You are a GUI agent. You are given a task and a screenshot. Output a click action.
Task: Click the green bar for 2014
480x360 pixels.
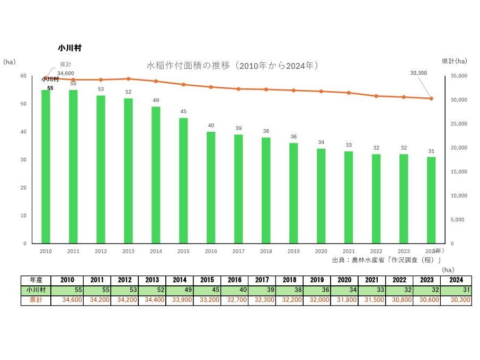pyautogui.click(x=156, y=175)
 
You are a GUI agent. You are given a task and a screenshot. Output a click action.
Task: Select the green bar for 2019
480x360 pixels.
pyautogui.click(x=294, y=193)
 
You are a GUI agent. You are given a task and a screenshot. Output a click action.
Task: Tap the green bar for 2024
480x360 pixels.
pyautogui.click(x=431, y=200)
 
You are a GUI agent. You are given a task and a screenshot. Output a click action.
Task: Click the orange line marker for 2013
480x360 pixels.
pyautogui.click(x=128, y=79)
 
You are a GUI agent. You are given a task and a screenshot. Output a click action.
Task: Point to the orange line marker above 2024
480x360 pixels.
pyautogui.click(x=431, y=98)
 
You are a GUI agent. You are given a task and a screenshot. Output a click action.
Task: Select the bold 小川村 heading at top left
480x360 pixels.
pyautogui.click(x=69, y=48)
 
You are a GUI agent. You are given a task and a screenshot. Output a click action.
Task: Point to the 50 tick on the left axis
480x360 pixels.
pyautogui.click(x=23, y=104)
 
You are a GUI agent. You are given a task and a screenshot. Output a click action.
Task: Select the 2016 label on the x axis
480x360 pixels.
pyautogui.click(x=211, y=251)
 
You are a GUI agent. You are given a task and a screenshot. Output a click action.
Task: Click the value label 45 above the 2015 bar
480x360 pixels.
pyautogui.click(x=183, y=111)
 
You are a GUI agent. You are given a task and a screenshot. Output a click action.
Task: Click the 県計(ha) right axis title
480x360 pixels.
pyautogui.click(x=455, y=61)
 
